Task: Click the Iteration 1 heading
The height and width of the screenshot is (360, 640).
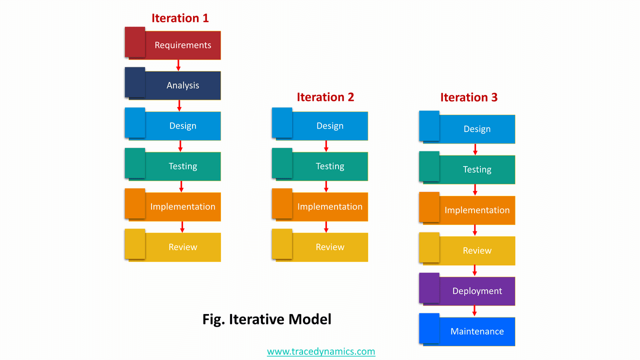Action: (180, 18)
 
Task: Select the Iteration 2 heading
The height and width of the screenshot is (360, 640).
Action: (325, 97)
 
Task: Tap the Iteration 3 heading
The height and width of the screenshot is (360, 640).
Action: (469, 97)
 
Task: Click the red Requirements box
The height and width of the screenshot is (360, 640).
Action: (183, 45)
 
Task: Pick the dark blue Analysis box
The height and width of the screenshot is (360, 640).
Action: (183, 85)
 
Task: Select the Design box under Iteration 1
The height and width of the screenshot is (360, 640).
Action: (183, 126)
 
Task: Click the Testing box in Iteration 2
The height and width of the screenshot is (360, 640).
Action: (330, 166)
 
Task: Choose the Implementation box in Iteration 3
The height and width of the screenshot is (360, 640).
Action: (477, 210)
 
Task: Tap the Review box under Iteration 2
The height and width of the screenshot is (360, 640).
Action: (330, 247)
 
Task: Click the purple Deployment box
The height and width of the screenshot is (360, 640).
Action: (477, 291)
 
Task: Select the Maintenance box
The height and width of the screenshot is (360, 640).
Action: (477, 331)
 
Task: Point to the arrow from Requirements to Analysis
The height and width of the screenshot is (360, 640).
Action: (178, 65)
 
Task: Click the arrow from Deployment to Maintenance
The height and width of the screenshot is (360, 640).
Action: (474, 311)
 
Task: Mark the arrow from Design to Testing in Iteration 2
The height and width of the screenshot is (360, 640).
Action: (326, 146)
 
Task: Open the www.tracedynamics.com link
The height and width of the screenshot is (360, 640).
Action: (321, 351)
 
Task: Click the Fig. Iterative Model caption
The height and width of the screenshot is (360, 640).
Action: (267, 319)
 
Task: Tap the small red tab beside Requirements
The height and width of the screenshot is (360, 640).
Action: (134, 41)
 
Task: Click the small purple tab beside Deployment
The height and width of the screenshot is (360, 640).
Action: (429, 287)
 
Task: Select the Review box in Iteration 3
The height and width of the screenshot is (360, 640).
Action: (477, 251)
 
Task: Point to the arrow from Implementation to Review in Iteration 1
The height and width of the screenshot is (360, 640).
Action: (182, 227)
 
